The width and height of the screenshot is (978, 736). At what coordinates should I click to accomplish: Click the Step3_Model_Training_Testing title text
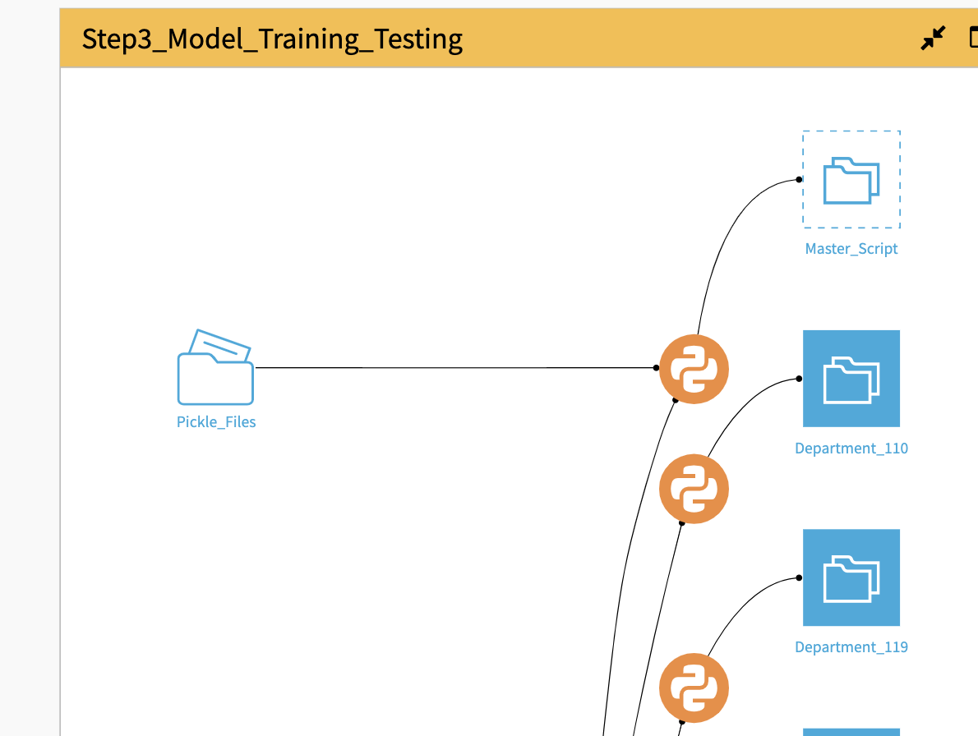[272, 39]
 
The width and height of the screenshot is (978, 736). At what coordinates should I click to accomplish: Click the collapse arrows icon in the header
[933, 38]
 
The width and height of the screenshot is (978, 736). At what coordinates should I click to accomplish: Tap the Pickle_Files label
[216, 422]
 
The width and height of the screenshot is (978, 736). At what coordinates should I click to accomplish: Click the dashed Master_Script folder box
[851, 179]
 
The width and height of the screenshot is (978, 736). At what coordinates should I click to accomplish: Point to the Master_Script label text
[851, 249]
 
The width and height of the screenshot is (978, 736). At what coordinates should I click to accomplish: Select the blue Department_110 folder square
[851, 379]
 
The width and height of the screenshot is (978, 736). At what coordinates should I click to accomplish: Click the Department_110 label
[851, 448]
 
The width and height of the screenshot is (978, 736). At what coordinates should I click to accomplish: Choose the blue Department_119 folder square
[851, 577]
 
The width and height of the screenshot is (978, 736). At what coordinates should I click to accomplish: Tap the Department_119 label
[851, 647]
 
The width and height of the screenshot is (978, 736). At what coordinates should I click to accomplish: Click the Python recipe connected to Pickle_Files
[694, 369]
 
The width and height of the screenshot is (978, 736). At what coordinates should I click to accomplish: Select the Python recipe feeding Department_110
[694, 489]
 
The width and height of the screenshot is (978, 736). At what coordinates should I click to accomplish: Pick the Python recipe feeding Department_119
[694, 688]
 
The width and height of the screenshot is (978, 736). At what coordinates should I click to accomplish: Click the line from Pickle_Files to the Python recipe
[452, 368]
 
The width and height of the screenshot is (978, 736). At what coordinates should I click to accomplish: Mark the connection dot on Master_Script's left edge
[799, 180]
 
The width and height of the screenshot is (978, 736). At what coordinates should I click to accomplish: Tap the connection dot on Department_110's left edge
[799, 379]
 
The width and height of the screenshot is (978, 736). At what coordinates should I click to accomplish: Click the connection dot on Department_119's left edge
[799, 577]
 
